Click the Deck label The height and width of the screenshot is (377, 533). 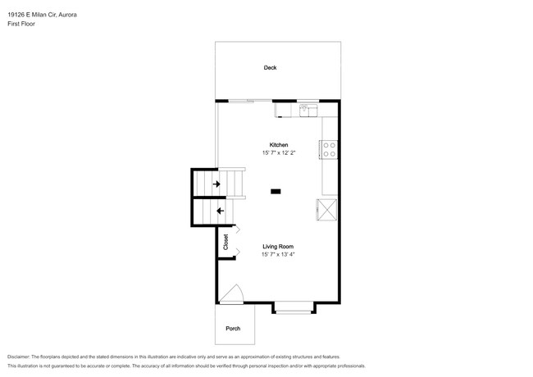point(270,67)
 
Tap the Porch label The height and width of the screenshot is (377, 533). point(233,329)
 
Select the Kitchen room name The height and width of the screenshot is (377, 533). point(279,145)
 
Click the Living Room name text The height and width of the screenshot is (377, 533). point(278,247)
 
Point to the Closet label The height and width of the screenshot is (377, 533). point(225,242)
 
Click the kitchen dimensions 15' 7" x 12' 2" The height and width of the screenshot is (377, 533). point(279,152)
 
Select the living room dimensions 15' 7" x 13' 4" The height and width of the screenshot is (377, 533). point(278,254)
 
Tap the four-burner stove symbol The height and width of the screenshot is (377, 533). point(328,149)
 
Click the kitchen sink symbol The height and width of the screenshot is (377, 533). point(308,111)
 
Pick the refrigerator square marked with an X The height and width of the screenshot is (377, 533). point(327,210)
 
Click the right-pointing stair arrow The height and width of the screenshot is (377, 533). point(216,184)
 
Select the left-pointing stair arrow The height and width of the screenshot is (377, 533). point(221,211)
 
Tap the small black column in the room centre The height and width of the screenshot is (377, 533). point(276,192)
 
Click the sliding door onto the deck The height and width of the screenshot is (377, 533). point(250,101)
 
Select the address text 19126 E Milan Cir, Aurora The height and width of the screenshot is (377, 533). point(42,15)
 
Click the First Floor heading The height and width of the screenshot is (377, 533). point(21,24)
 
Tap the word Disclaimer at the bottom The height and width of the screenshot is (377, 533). point(19,357)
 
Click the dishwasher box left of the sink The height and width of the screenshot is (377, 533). point(283,111)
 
